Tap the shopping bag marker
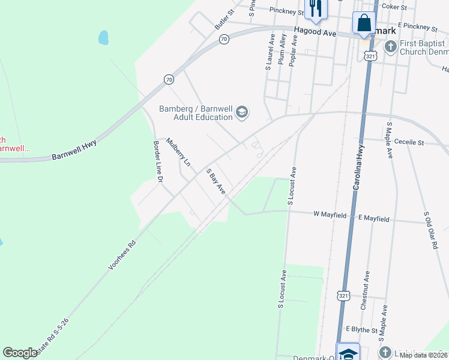pyautogui.click(x=363, y=24)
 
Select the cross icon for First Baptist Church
pyautogui.click(x=390, y=46)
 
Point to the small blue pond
pyautogui.click(x=103, y=38)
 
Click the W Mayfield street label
pyautogui.click(x=330, y=214)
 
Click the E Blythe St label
pyautogui.click(x=362, y=329)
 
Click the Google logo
pyautogui.click(x=20, y=353)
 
